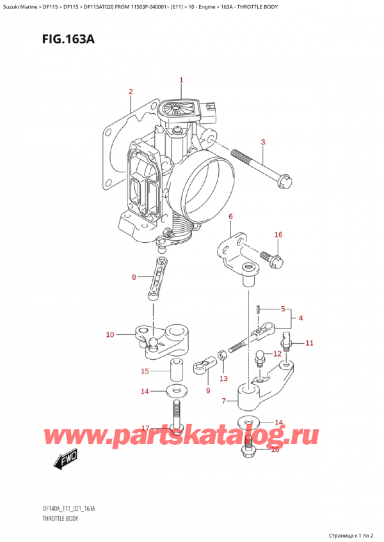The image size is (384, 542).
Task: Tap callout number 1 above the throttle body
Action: point(181,81)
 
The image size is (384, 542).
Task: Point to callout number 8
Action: point(134,277)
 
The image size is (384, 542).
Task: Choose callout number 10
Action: point(109,334)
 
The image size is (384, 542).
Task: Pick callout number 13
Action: point(223,379)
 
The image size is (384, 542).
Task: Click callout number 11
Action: point(309,343)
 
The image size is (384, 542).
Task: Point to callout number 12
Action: point(276,353)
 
